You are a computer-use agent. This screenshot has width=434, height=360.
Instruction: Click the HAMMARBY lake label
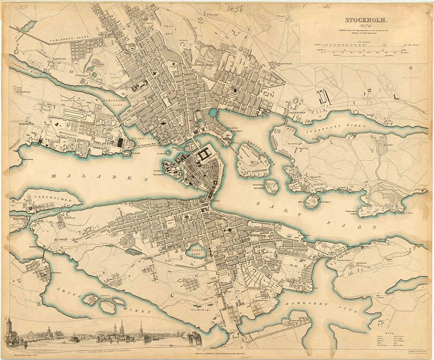coord(304,305)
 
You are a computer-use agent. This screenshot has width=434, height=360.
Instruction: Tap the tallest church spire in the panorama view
coord(122,325)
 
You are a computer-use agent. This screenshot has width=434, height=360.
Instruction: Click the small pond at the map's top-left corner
coord(27,26)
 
